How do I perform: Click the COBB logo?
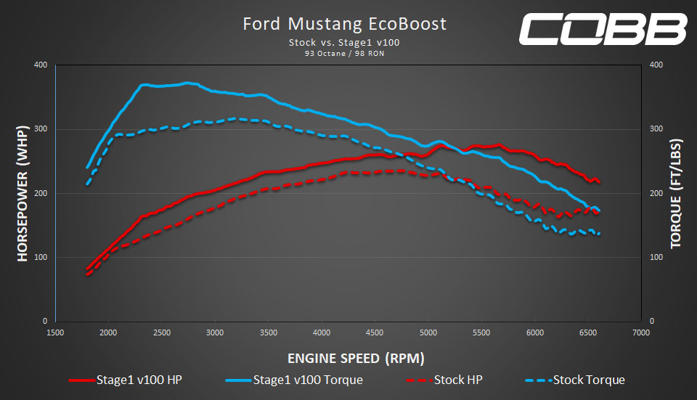pyautogui.click(x=602, y=28)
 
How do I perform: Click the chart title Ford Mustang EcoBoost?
pyautogui.click(x=345, y=24)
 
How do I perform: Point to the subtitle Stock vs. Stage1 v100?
pyautogui.click(x=345, y=43)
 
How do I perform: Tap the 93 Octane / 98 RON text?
pyautogui.click(x=345, y=53)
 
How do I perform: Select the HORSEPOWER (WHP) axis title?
pyautogui.click(x=22, y=193)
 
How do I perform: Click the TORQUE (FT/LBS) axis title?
pyautogui.click(x=676, y=193)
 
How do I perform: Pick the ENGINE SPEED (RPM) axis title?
pyautogui.click(x=346, y=358)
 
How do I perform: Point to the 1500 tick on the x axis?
pyautogui.click(x=55, y=332)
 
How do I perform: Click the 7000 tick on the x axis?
pyautogui.click(x=640, y=332)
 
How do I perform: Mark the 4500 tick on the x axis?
pyautogui.click(x=374, y=332)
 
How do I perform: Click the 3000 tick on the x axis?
pyautogui.click(x=214, y=332)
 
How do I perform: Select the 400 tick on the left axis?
pyautogui.click(x=41, y=65)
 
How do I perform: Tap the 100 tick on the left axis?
pyautogui.click(x=41, y=257)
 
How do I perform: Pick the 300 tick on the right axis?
pyautogui.click(x=656, y=129)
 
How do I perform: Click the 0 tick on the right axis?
pyautogui.click(x=652, y=321)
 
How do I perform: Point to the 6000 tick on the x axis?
pyautogui.click(x=534, y=332)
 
